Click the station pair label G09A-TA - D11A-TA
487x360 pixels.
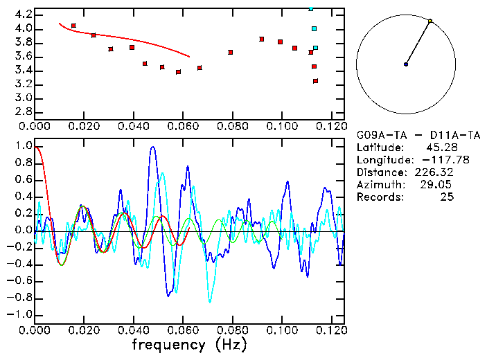point(408,135)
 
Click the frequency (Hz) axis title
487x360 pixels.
point(188,345)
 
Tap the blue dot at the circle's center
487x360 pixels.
point(406,64)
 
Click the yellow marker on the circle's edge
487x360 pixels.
point(430,21)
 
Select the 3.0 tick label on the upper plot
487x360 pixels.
point(22,98)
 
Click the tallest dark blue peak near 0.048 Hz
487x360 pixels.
point(152,147)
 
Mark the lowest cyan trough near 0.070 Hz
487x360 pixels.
point(210,302)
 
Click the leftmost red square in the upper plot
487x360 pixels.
point(73,26)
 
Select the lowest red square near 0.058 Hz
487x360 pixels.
point(178,72)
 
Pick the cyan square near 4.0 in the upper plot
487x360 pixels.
point(314,29)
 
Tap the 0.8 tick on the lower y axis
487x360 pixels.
point(24,161)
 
